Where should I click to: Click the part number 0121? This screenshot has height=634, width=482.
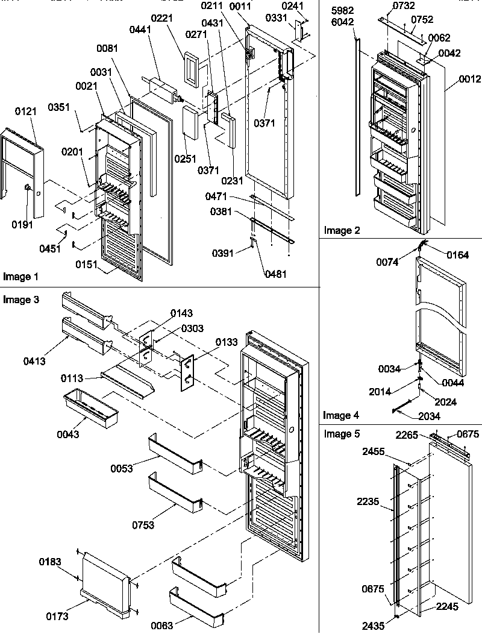26,113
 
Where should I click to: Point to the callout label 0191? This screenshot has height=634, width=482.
23,225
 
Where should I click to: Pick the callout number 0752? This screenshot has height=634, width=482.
422,19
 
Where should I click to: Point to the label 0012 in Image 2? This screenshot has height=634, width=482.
469,79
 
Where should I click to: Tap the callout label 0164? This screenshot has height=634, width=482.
457,254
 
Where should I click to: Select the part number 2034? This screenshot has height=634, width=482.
429,416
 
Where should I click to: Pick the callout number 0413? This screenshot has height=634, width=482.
36,361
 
